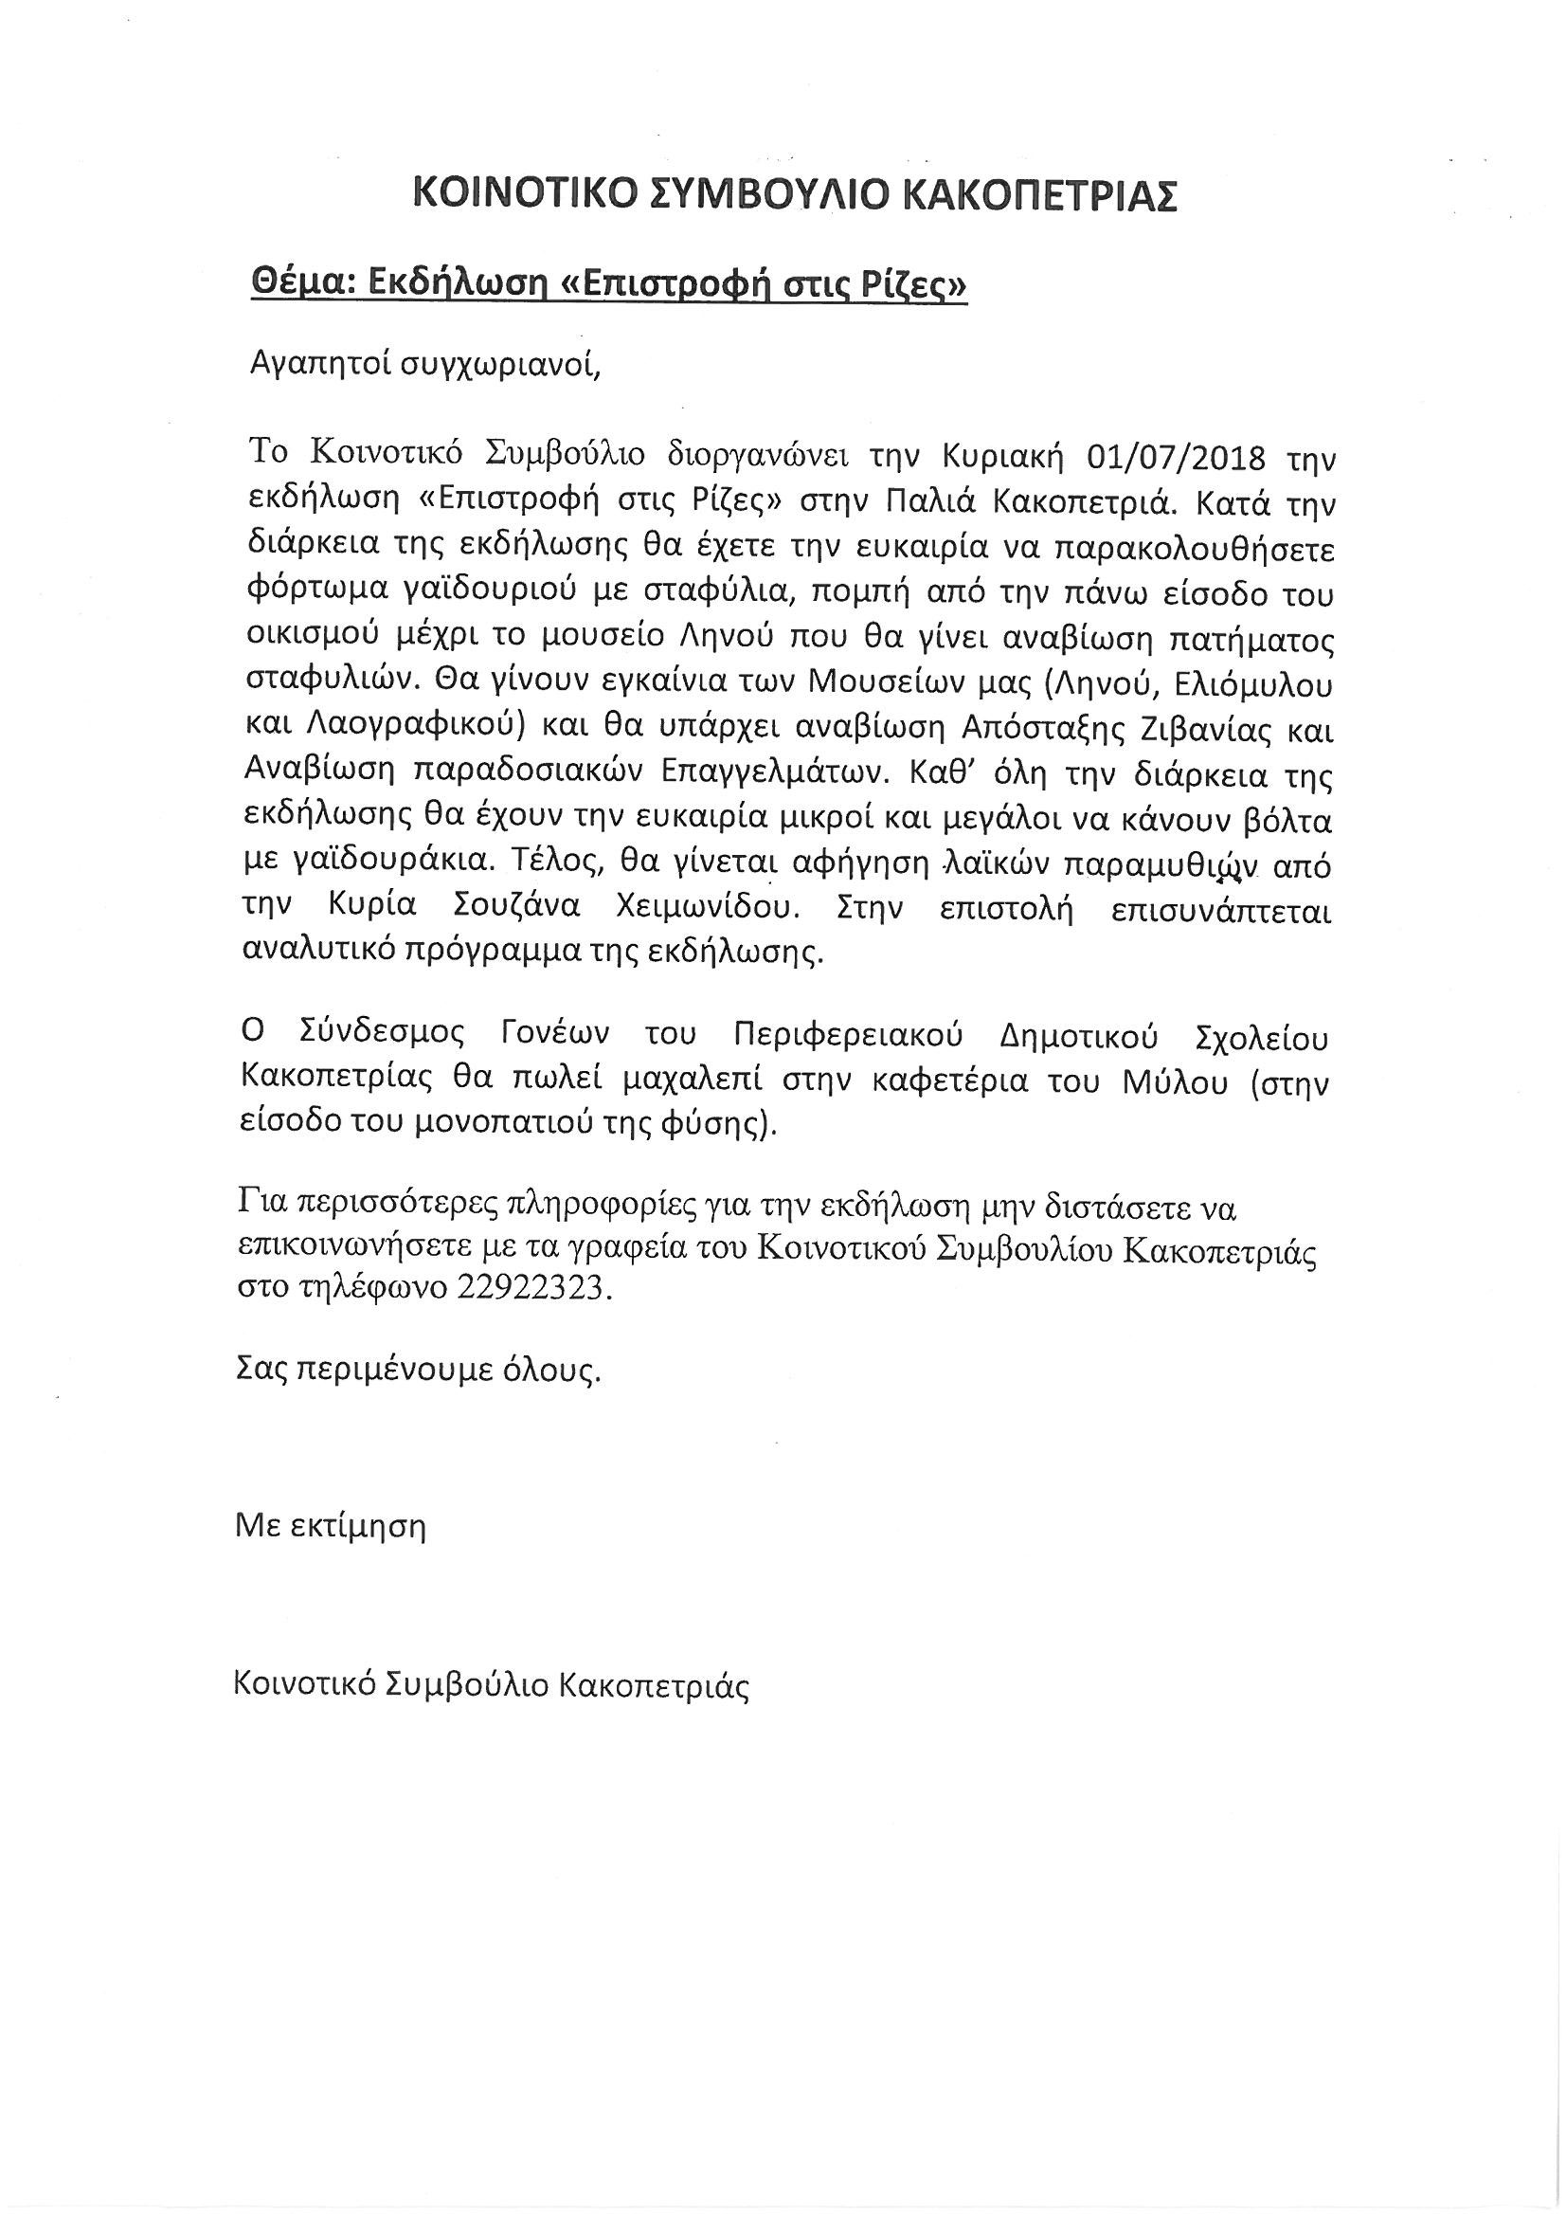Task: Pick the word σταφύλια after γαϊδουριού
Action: tap(732, 593)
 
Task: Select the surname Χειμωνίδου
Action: tap(762, 913)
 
